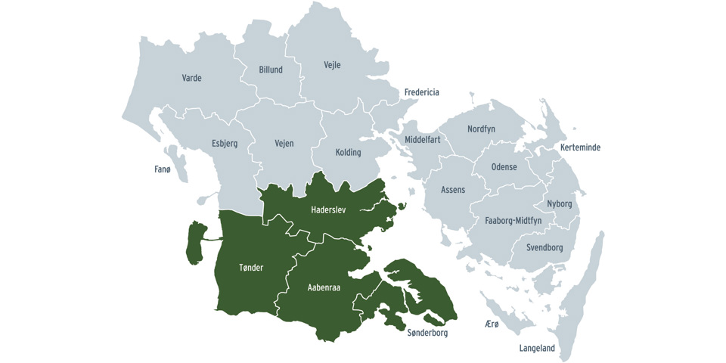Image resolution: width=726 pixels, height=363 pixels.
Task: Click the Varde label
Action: coord(191,78)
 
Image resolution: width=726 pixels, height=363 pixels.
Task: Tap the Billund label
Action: coord(271,70)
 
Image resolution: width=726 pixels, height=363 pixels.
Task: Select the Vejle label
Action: coord(332,65)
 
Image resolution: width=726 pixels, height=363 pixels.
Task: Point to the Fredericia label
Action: coord(421,92)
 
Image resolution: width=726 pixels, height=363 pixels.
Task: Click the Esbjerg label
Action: coord(224,144)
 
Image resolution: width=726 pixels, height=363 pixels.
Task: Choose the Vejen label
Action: coord(284,144)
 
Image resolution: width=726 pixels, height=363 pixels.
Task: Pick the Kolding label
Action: coord(348,152)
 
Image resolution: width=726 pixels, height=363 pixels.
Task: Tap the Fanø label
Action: coord(163,169)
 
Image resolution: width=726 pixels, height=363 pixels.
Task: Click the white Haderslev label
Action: coord(328,209)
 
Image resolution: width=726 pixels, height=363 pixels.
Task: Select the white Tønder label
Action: coord(251,268)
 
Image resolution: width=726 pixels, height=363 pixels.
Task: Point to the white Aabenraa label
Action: coord(324,287)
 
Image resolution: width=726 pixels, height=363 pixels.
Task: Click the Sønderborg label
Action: coord(427,333)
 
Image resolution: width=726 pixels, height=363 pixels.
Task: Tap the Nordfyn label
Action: coord(481,129)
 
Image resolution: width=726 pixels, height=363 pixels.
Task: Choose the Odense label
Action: coord(504,167)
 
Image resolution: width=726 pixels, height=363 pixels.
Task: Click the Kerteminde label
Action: coord(580,147)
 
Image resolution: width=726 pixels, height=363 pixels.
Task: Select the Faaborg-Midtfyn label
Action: coord(513,221)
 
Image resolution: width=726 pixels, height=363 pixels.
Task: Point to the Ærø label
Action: coord(492,324)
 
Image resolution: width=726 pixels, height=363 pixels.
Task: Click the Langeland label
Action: coord(537,349)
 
